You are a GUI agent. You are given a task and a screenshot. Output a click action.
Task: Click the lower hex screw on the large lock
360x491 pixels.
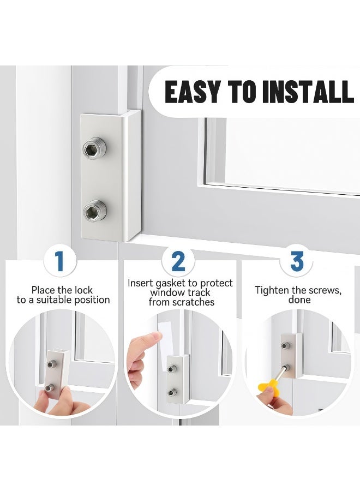click(95, 210)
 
